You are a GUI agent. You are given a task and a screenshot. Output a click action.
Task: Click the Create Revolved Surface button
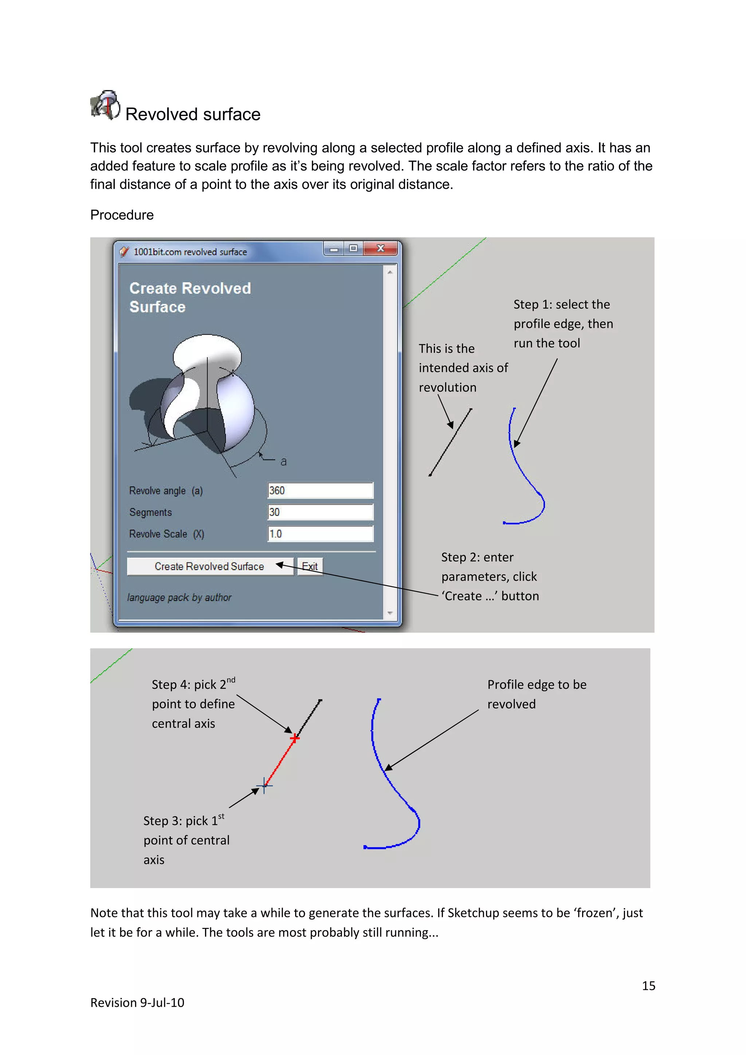(x=209, y=566)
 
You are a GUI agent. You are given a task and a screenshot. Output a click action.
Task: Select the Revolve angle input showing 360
(x=320, y=490)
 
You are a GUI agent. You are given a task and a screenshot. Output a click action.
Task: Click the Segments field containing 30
(x=320, y=512)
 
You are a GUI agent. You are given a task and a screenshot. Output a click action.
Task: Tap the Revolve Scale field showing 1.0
(x=320, y=533)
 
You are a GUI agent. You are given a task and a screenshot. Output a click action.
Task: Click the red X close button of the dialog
(x=380, y=248)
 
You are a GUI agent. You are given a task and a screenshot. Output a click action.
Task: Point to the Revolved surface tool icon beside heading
(x=105, y=105)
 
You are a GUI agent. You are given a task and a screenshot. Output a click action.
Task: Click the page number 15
(x=648, y=986)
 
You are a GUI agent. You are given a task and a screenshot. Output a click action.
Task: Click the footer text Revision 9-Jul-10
(x=137, y=1003)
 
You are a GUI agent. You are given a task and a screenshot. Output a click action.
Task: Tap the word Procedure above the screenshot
(x=122, y=215)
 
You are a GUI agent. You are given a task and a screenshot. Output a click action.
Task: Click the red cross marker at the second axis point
(x=294, y=738)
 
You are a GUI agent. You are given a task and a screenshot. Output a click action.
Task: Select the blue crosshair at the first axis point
(x=264, y=785)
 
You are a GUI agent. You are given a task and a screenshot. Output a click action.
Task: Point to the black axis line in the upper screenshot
(x=450, y=442)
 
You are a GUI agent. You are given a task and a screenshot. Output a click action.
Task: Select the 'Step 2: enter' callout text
(x=477, y=557)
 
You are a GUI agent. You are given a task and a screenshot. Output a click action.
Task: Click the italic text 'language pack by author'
(x=179, y=597)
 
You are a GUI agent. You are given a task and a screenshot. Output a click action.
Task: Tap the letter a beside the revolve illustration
(x=283, y=461)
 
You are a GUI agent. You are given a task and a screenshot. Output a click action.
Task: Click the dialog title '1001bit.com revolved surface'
(x=190, y=252)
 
